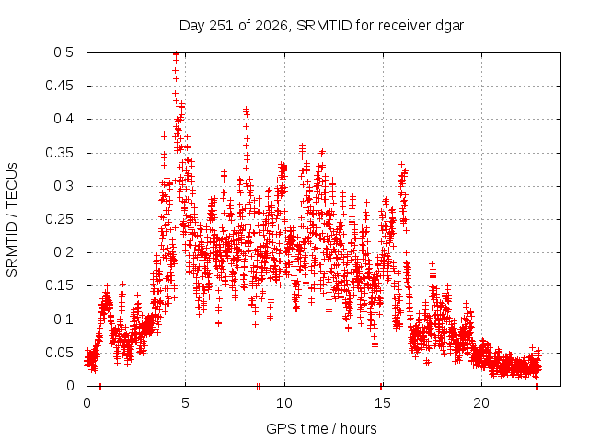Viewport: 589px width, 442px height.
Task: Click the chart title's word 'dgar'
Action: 449,27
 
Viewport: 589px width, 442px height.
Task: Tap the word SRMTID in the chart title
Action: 324,26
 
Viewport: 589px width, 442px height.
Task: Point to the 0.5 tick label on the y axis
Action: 64,52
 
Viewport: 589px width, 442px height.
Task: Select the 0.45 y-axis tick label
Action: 59,86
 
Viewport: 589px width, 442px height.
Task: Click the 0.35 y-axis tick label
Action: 59,153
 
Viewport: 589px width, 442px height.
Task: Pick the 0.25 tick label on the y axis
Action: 59,219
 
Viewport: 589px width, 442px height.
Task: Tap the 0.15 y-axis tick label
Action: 59,285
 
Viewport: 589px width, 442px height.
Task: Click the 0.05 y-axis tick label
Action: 59,353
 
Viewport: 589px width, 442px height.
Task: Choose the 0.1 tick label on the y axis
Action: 64,320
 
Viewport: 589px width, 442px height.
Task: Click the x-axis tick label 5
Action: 185,403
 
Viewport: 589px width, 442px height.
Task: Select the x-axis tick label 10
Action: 284,403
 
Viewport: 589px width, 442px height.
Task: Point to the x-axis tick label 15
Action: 383,403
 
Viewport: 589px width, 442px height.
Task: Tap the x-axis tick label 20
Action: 481,403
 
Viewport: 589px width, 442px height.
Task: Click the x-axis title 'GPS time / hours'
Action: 321,429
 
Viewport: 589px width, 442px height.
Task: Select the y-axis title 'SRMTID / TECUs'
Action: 12,220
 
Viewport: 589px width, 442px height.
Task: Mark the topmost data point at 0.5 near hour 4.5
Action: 176,53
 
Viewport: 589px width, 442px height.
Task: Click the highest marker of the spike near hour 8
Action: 246,109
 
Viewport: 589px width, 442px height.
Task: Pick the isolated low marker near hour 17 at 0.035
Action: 427,362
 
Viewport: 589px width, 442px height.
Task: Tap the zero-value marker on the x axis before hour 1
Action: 100,386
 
